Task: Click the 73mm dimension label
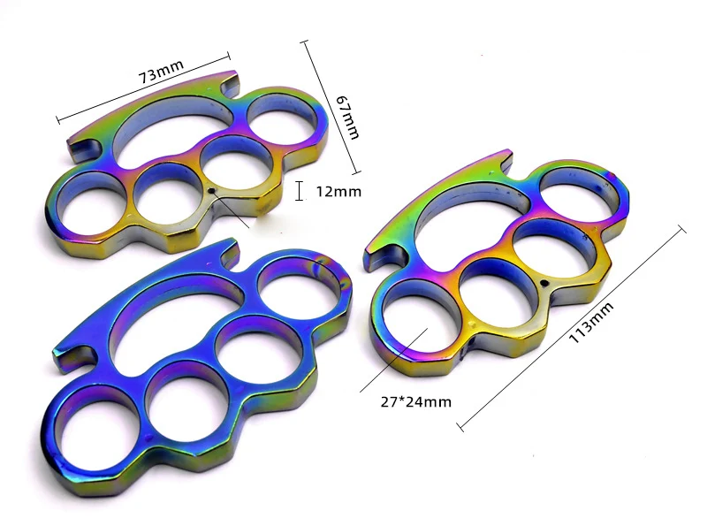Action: click(161, 72)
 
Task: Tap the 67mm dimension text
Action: click(348, 118)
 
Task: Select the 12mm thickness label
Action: click(338, 192)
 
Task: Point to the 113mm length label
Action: click(591, 323)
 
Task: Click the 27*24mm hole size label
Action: click(415, 401)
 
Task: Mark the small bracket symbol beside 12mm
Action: click(299, 191)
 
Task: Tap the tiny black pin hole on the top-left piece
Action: click(211, 191)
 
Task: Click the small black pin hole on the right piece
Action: click(544, 283)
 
